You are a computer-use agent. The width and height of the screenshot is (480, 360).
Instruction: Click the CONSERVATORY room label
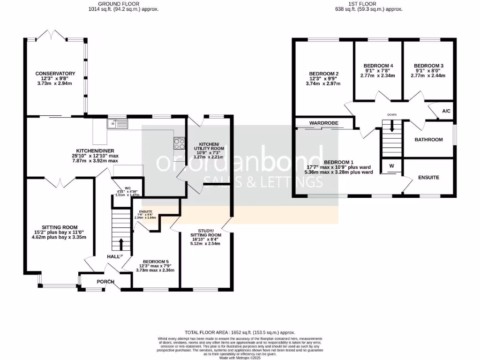[x=56, y=74]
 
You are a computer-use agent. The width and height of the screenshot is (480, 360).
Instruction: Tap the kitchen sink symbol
[x=113, y=124]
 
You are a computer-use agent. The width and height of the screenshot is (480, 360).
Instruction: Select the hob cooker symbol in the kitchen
[x=179, y=143]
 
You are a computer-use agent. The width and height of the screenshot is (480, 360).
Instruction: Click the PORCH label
[x=105, y=282]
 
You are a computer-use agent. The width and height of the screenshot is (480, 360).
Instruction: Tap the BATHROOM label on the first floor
[x=429, y=140]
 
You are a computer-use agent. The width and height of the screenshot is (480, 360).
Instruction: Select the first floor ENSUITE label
[x=428, y=178]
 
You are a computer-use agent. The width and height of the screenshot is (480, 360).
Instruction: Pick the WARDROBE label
[x=324, y=123]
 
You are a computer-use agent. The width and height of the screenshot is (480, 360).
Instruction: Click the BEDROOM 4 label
[x=378, y=66]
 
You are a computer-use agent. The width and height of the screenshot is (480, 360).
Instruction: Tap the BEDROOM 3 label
[x=428, y=66]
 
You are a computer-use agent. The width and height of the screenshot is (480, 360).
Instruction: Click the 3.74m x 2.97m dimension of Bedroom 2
[x=323, y=84]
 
